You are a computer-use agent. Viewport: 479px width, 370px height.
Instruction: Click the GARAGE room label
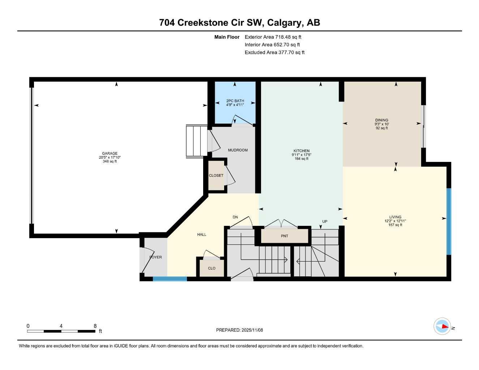tap(110, 153)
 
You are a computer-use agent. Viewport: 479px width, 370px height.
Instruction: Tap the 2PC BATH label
tap(235, 101)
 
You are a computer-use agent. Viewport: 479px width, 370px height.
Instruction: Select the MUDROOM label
tap(238, 150)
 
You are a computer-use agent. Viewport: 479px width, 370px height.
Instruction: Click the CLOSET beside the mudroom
tap(216, 176)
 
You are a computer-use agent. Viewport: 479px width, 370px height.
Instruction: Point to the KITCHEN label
tap(301, 151)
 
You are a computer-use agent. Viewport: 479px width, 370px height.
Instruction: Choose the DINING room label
tap(381, 120)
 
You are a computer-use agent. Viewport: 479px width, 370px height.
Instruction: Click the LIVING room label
tap(395, 217)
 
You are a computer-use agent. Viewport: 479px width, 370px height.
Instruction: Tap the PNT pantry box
tap(285, 236)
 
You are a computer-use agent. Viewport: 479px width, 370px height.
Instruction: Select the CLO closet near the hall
tap(212, 268)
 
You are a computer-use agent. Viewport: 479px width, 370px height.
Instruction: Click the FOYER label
tap(155, 257)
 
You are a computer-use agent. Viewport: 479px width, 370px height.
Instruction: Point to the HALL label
tap(202, 235)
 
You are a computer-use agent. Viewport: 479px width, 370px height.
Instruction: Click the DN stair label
tap(235, 217)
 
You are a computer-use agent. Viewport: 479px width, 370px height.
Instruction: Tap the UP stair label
tap(325, 221)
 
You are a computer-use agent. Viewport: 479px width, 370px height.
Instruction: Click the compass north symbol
tap(442, 327)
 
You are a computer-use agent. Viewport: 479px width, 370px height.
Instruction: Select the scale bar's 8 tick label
tap(95, 326)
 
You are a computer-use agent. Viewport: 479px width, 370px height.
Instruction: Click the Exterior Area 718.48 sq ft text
tap(273, 37)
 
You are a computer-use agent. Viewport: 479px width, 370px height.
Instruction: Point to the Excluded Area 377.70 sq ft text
tap(274, 52)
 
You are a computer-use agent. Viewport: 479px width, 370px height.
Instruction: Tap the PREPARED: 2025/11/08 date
tap(239, 330)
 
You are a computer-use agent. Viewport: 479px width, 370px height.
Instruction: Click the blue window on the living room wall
tap(449, 221)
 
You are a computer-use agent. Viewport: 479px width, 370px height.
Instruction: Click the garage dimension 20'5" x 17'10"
tap(110, 158)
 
